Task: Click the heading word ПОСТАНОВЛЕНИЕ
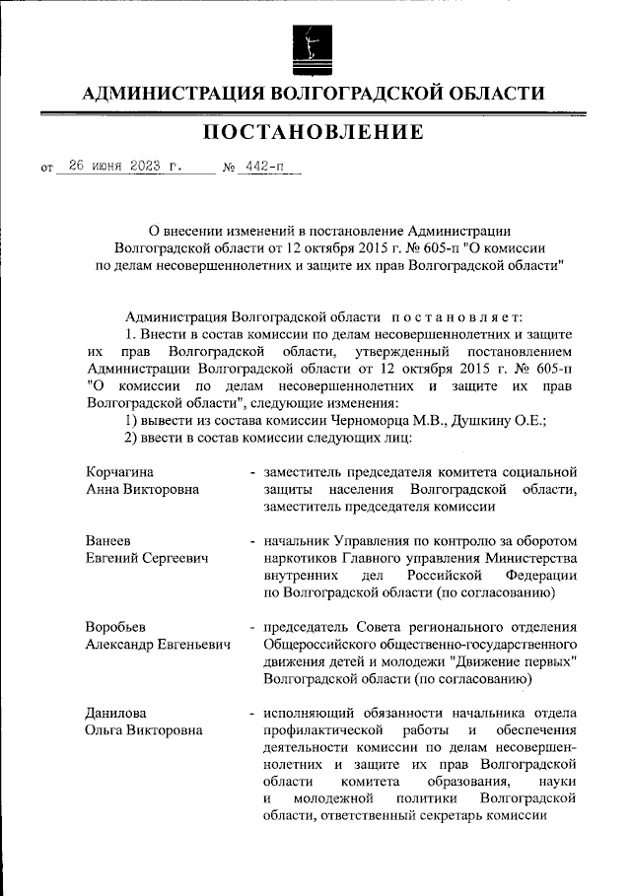click(315, 132)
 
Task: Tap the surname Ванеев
click(108, 541)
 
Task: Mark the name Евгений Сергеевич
click(148, 559)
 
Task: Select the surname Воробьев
click(117, 627)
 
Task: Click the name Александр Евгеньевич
click(158, 645)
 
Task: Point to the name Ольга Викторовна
click(145, 730)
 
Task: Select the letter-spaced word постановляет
click(462, 316)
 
